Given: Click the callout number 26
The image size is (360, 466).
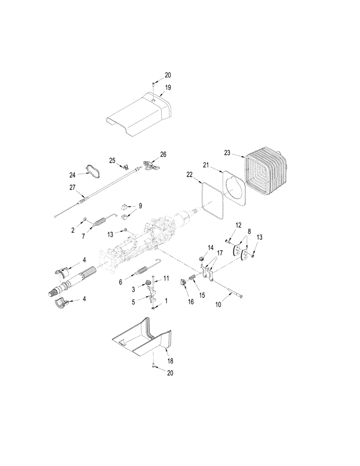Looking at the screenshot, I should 163,154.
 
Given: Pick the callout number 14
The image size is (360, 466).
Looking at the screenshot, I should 210,247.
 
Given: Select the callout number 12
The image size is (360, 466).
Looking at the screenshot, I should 239,225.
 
